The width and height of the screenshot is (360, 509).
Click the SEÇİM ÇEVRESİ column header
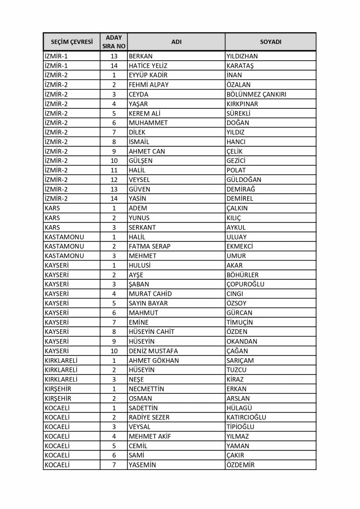[72, 42]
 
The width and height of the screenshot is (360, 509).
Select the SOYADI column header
[270, 42]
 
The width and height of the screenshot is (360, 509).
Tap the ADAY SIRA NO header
[114, 42]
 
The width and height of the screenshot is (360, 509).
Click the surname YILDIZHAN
[242, 56]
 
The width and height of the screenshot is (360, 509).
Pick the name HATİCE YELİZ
[148, 66]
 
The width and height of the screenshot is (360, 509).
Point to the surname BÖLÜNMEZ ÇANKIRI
[256, 94]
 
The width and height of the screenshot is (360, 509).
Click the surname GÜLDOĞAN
[244, 180]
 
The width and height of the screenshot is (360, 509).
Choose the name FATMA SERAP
[149, 246]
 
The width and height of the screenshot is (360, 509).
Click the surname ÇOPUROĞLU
[245, 284]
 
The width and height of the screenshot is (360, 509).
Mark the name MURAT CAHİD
[150, 294]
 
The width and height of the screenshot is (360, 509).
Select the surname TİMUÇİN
[239, 322]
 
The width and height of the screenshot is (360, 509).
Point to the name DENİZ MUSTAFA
[153, 351]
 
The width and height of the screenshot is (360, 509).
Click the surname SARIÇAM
[240, 360]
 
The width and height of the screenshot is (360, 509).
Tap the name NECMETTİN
[146, 389]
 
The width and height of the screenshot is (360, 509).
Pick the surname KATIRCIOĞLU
[246, 417]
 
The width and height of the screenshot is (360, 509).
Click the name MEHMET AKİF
[150, 436]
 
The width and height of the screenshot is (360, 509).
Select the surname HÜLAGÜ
[239, 408]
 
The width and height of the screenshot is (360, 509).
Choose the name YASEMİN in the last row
[142, 465]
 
